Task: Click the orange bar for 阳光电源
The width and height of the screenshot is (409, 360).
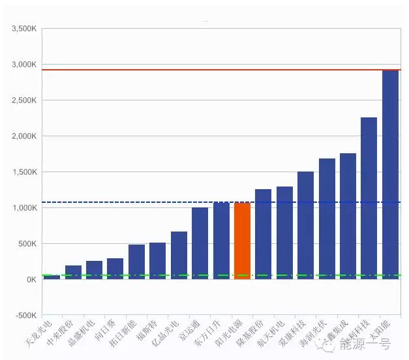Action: point(242,241)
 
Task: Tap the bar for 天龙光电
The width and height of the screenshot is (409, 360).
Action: point(52,277)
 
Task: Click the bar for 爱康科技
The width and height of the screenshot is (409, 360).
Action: point(305,225)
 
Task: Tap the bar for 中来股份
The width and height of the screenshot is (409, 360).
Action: point(73,272)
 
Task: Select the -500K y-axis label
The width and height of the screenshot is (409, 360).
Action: point(25,316)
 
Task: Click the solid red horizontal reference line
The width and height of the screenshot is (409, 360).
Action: point(196,70)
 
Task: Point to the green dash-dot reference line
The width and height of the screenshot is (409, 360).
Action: point(196,275)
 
